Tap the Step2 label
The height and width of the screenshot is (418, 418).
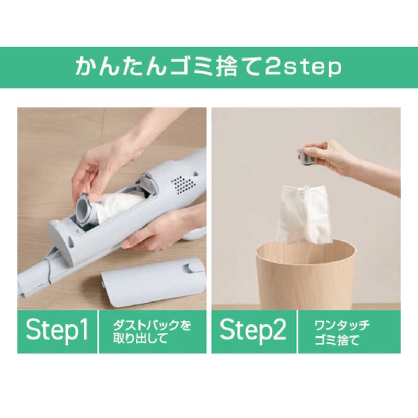click(253, 330)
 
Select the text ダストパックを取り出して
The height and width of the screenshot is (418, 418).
click(152, 332)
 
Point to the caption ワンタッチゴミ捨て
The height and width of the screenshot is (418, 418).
click(342, 332)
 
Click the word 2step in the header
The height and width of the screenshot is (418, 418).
click(303, 67)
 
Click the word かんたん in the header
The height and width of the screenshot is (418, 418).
click(121, 66)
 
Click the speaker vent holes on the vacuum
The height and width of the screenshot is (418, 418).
click(183, 184)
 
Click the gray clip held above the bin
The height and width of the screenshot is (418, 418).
click(307, 157)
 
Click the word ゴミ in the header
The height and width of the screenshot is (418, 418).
click(192, 67)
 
